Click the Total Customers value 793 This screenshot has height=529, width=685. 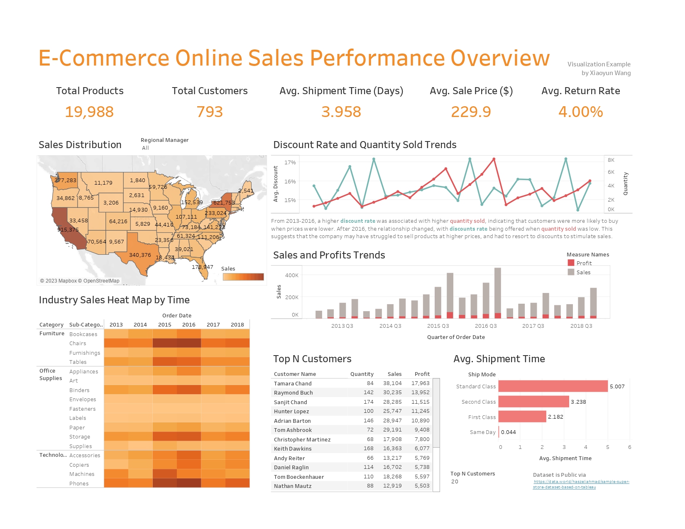(210, 112)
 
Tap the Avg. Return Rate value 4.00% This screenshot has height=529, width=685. (580, 112)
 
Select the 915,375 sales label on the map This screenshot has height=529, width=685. (68, 229)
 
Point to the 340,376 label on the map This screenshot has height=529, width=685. (140, 255)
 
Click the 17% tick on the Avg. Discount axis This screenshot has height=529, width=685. (290, 162)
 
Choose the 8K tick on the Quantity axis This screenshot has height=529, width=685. (611, 160)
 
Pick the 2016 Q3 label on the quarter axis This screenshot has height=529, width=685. (486, 326)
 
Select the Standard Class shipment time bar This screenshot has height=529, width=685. (553, 386)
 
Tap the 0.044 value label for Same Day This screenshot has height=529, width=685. (509, 432)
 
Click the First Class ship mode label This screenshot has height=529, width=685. (482, 417)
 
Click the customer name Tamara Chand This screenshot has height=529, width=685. (293, 383)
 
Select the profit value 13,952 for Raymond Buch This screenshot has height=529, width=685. (420, 392)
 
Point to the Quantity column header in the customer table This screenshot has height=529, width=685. (362, 374)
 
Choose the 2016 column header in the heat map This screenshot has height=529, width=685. (189, 324)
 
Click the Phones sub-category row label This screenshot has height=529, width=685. (79, 483)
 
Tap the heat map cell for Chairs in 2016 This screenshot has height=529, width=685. (189, 343)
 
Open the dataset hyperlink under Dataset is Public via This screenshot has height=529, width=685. (581, 484)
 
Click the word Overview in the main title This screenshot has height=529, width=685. (500, 58)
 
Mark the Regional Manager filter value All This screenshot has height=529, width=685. (145, 148)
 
